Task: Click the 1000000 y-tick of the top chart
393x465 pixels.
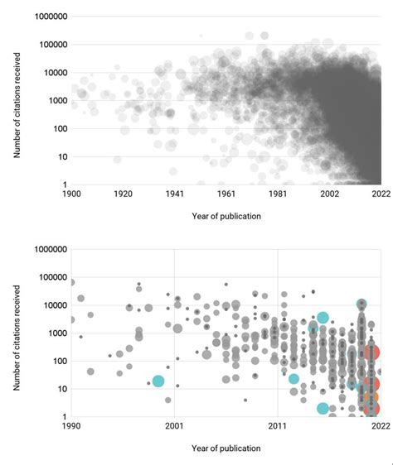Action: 46,16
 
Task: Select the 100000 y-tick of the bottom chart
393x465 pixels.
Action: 47,276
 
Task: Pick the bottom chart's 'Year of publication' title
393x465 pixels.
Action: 226,448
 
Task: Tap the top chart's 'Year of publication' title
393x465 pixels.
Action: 226,217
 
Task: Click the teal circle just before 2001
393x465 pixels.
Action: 158,381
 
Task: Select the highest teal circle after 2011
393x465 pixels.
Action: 323,318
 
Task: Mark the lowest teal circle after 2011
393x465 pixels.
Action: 323,408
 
